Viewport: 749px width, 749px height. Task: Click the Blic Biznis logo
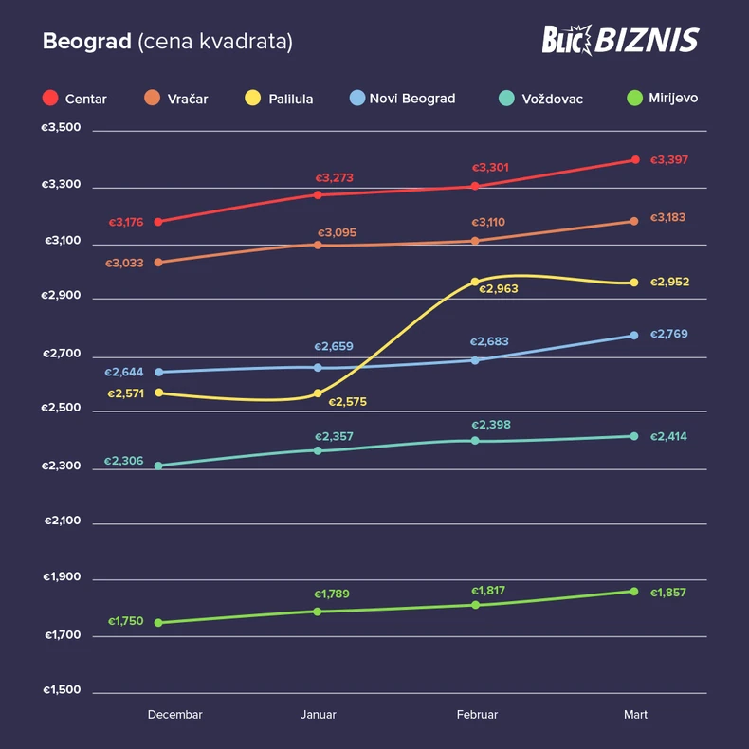pyautogui.click(x=620, y=40)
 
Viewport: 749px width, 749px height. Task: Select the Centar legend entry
pyautogui.click(x=75, y=99)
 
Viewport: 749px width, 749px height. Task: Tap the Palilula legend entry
pyautogui.click(x=279, y=99)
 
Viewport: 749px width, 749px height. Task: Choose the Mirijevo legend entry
pyautogui.click(x=663, y=98)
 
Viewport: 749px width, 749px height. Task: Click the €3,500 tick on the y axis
pyautogui.click(x=62, y=128)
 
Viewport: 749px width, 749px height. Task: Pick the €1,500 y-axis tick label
pyautogui.click(x=62, y=689)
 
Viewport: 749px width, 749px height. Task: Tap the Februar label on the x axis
pyautogui.click(x=476, y=714)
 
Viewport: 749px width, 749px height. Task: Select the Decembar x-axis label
pyautogui.click(x=174, y=714)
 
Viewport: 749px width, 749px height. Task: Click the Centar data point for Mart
pyautogui.click(x=635, y=159)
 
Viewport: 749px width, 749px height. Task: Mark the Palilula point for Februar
pyautogui.click(x=476, y=282)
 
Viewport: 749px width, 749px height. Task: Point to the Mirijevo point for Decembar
pyautogui.click(x=158, y=623)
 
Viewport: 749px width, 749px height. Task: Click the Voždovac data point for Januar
pyautogui.click(x=318, y=450)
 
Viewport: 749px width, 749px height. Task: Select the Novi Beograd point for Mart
pyautogui.click(x=635, y=335)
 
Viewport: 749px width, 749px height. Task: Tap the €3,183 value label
pyautogui.click(x=668, y=218)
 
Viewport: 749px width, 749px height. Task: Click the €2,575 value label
pyautogui.click(x=347, y=402)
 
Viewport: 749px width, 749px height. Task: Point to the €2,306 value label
pyautogui.click(x=124, y=461)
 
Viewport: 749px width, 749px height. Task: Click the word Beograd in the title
pyautogui.click(x=86, y=43)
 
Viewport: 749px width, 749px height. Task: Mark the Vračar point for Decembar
pyautogui.click(x=158, y=262)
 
